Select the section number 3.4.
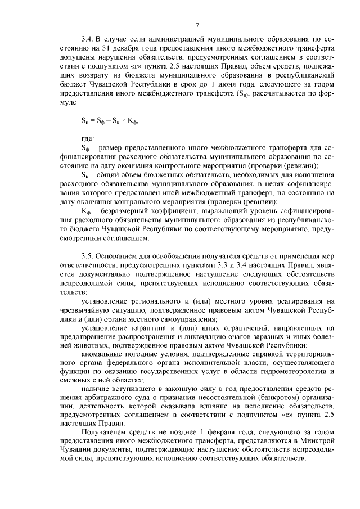87,39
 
